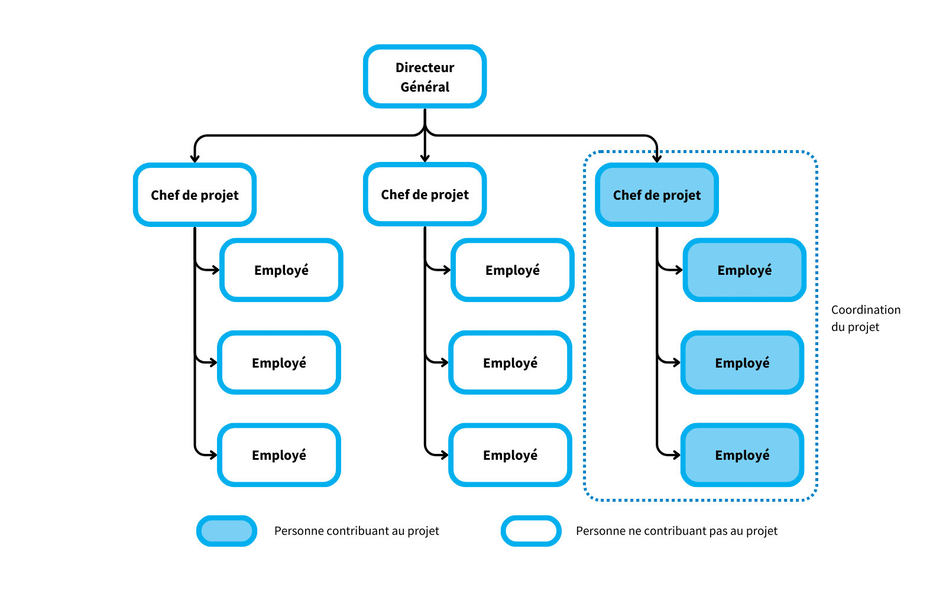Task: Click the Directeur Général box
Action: point(425,77)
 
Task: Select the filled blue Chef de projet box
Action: point(656,195)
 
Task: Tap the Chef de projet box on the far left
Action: point(195,195)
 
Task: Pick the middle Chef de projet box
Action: point(425,194)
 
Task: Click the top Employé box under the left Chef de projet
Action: point(281,270)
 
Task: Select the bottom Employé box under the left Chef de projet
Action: point(279,455)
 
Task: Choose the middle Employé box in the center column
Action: point(510,363)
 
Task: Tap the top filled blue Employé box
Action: point(744,270)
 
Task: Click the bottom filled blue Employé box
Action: point(742,455)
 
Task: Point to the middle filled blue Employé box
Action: point(742,363)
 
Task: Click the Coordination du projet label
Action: point(865,318)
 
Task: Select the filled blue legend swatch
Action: point(227,531)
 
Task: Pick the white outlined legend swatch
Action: point(531,531)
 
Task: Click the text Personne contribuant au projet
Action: point(357,531)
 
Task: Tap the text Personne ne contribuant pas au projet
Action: point(676,531)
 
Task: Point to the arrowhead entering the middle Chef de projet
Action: point(425,158)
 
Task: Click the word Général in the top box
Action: point(425,87)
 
